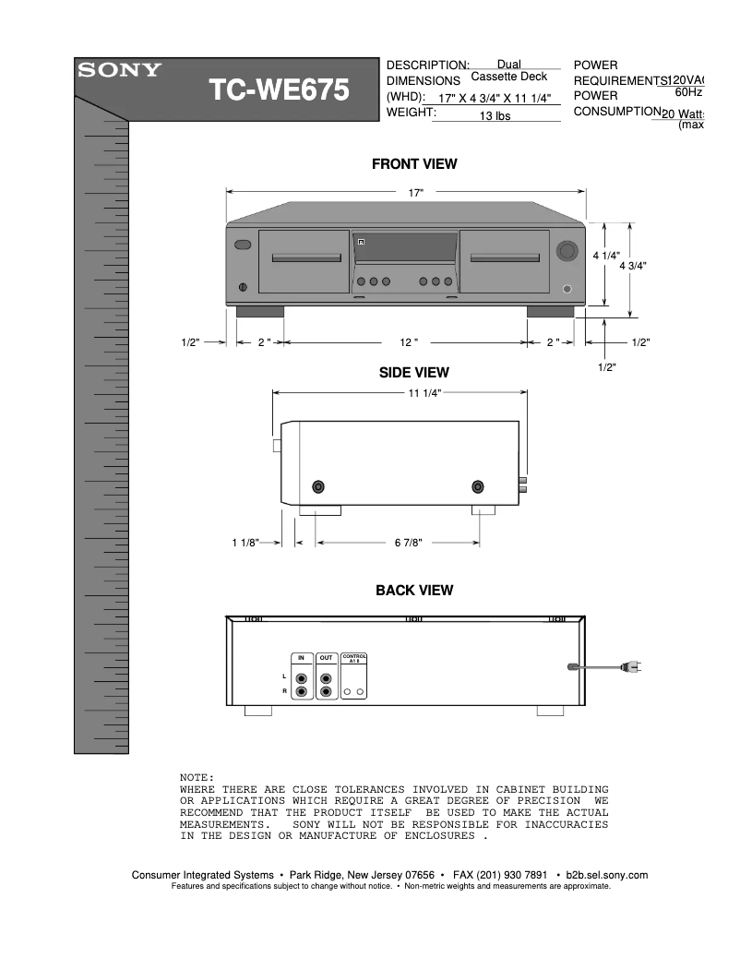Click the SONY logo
click(x=119, y=70)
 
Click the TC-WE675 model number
click(x=279, y=90)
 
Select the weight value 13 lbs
click(x=495, y=116)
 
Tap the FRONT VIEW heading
click(x=414, y=164)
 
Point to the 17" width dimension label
click(x=415, y=192)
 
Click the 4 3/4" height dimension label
click(x=632, y=266)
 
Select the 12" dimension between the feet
click(x=409, y=342)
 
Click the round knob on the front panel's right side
click(x=567, y=251)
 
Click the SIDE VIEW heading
click(x=414, y=373)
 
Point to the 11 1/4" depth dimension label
click(x=425, y=393)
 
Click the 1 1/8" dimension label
click(x=245, y=543)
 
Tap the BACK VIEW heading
click(x=414, y=590)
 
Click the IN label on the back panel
click(x=301, y=658)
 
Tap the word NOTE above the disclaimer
click(x=197, y=778)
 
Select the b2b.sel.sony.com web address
click(x=606, y=875)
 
